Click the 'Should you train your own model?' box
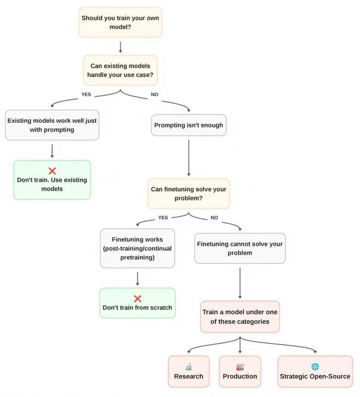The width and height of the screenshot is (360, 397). (x=120, y=22)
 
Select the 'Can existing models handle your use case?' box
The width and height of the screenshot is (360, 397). (x=120, y=70)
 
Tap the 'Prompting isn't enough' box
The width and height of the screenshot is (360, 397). (x=188, y=125)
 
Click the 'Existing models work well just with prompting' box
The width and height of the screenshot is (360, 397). (x=51, y=125)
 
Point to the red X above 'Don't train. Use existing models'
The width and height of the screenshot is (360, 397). (x=52, y=170)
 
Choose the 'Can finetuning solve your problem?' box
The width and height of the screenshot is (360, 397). (x=188, y=193)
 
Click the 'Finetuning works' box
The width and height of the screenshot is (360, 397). (x=137, y=248)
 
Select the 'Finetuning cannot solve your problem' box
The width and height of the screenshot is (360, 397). (x=239, y=248)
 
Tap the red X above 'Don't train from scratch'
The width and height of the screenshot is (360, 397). (x=137, y=298)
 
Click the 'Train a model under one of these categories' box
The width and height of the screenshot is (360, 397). (x=239, y=316)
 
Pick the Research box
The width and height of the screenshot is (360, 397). (x=188, y=371)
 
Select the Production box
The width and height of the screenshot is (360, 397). (x=239, y=371)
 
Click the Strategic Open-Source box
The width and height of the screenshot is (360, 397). (x=315, y=371)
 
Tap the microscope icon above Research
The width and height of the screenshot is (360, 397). (x=188, y=366)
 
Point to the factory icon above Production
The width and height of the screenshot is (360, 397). (x=239, y=366)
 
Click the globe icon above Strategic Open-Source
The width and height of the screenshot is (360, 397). (x=315, y=366)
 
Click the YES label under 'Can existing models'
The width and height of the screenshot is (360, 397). (x=86, y=94)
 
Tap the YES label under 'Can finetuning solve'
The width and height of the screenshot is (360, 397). (x=163, y=217)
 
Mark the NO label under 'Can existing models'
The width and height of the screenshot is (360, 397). (x=154, y=94)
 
